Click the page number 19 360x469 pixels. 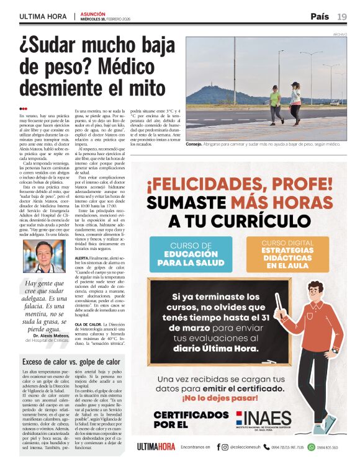[x=342, y=17]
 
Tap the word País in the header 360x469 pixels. [x=320, y=17]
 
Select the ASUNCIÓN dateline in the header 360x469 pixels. [x=93, y=13]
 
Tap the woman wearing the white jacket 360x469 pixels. [x=295, y=102]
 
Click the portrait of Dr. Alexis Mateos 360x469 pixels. [x=47, y=255]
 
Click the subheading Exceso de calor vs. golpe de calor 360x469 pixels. [x=70, y=361]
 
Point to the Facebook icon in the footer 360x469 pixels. [x=218, y=447]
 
